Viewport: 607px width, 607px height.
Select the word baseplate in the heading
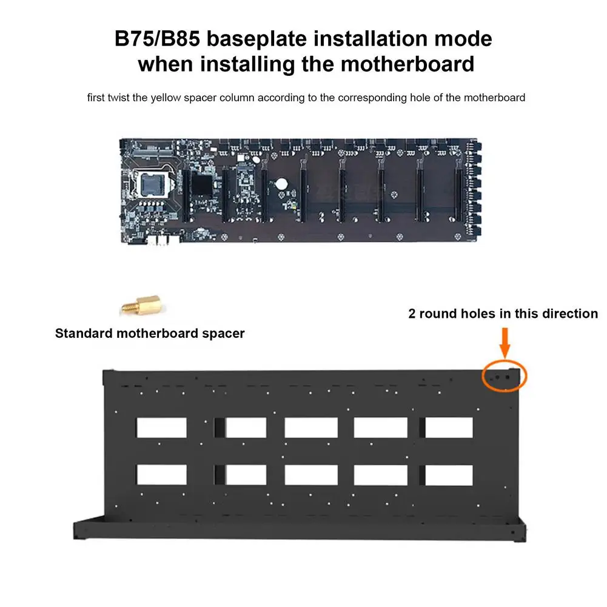pyautogui.click(x=264, y=39)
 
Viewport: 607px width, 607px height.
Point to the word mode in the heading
pyautogui.click(x=467, y=39)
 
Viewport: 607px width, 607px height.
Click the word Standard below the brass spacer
pyautogui.click(x=83, y=333)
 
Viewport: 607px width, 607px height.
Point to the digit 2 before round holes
pyautogui.click(x=412, y=314)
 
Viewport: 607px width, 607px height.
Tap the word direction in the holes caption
pyautogui.click(x=568, y=314)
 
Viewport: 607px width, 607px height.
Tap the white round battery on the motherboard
pyautogui.click(x=282, y=184)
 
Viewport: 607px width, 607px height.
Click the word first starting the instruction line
pyautogui.click(x=96, y=97)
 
